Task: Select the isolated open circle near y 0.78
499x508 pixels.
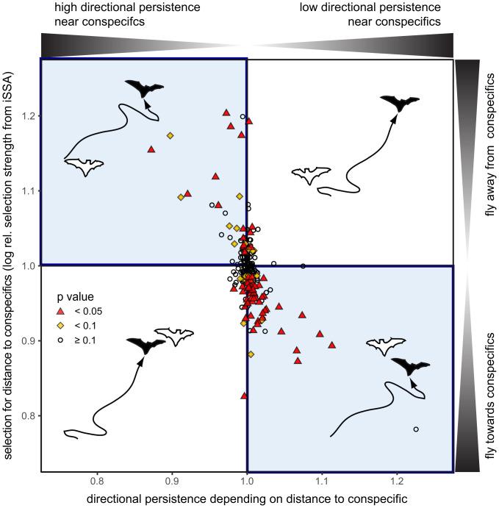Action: pos(416,429)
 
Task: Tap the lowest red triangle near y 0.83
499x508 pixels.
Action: pos(244,396)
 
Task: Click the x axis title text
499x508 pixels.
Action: pos(246,498)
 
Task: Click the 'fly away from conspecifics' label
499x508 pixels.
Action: pos(488,162)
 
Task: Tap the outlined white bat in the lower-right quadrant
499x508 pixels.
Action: pos(386,345)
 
